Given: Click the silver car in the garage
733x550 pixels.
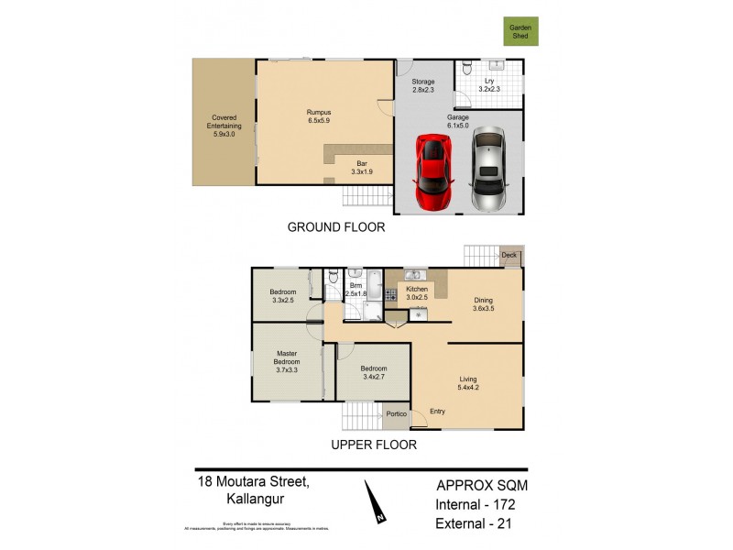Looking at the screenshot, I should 487,169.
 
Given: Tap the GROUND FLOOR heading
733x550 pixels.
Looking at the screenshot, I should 336,227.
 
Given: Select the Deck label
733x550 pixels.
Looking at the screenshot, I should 509,256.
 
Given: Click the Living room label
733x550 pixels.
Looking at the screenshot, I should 469,381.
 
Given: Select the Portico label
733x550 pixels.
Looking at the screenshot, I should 396,415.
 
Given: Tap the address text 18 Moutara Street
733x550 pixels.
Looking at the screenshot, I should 252,480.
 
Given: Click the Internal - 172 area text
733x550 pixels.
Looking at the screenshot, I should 481,504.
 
